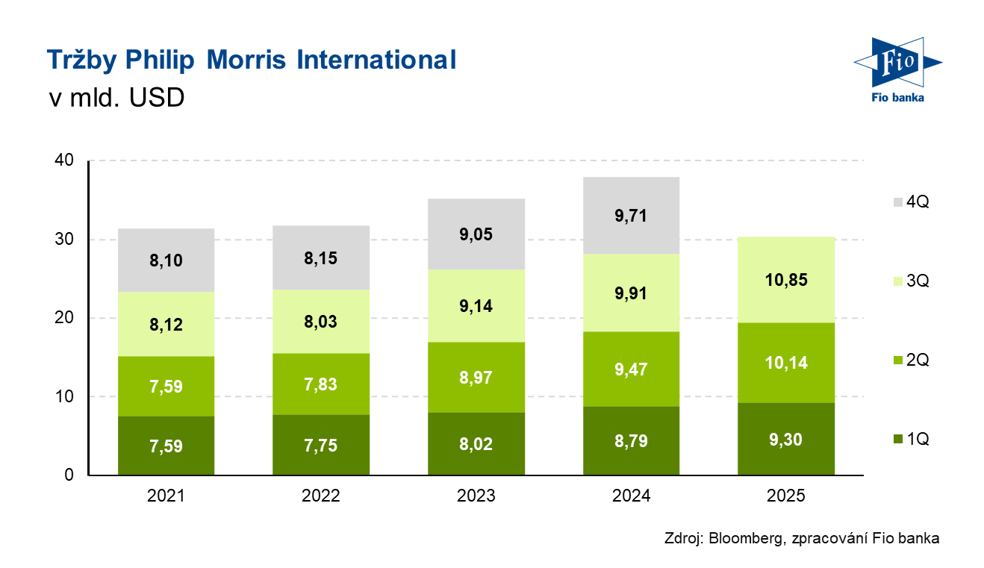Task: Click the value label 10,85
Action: coord(785,281)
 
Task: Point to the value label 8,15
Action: coord(321,259)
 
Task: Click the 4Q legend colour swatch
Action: coord(896,202)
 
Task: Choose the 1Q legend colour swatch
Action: coord(896,439)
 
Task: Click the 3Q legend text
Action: coord(918,281)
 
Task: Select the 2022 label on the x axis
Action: coord(321,496)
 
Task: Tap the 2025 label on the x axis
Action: coord(785,496)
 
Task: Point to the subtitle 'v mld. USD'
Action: coord(116,98)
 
